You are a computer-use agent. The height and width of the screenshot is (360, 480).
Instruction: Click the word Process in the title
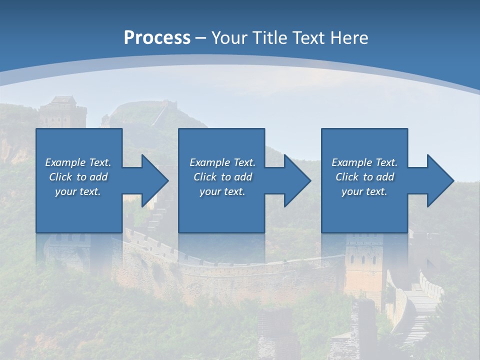tap(157, 38)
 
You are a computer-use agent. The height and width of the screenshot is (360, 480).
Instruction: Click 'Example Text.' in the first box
tap(78, 162)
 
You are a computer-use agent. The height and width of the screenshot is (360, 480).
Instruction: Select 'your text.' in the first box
tap(78, 191)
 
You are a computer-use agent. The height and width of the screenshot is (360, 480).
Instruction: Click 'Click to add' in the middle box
tap(222, 177)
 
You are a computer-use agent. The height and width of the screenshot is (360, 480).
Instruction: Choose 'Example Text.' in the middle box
tap(222, 162)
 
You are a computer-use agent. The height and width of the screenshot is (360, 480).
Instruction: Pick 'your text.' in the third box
tap(364, 191)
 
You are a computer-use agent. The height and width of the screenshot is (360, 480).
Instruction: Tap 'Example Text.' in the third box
tap(364, 162)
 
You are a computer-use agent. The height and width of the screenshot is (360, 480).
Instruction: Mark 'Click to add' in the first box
tap(78, 177)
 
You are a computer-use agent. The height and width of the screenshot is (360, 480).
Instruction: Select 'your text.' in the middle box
tap(222, 191)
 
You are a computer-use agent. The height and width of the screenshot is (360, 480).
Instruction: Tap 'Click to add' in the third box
tap(364, 177)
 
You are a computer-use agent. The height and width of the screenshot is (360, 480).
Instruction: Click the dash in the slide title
tap(201, 38)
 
